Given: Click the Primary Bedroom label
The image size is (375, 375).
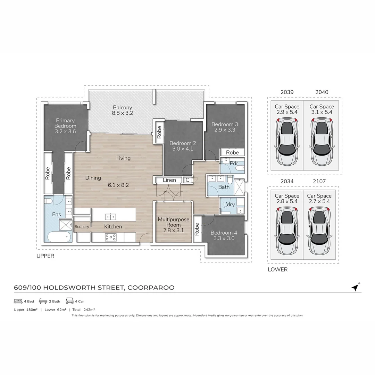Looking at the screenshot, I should pos(65,123).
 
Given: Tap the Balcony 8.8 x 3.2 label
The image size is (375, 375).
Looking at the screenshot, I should pos(122,110).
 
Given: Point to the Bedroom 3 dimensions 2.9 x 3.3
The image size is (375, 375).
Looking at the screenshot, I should pos(225,130).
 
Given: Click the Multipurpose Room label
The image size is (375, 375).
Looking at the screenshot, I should pos(174,222).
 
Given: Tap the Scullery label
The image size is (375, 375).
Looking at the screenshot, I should pos(82,227).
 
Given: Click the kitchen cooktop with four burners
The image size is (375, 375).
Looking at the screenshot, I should pos(111,237).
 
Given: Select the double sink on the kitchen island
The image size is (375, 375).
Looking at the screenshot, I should pos(111,217).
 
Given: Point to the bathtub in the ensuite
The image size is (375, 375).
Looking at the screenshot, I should pos(58,237).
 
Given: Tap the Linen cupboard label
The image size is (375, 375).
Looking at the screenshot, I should pos(169,180).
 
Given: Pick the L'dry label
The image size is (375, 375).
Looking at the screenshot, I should pos(229,205).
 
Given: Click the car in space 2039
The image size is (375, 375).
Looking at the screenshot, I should pos(287,142).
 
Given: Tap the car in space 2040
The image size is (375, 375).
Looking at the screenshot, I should pos(322,142).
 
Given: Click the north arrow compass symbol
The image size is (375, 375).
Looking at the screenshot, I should pos(355,287).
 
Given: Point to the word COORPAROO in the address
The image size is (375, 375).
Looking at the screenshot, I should pos(151,287).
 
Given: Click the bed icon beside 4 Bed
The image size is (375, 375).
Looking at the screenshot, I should pos(18,301).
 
